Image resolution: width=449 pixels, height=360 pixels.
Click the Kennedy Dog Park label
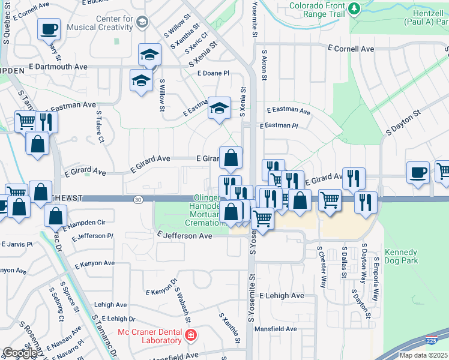(401, 256)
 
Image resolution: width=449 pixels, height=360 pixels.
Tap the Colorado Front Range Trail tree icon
(354, 8)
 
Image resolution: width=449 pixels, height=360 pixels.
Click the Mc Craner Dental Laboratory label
(149, 336)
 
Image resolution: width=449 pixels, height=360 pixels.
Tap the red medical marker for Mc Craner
(190, 335)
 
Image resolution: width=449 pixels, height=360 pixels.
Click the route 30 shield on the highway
(139, 199)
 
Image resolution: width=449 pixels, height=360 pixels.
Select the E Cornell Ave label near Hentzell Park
(351, 49)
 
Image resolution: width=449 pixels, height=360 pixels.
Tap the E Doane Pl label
(214, 73)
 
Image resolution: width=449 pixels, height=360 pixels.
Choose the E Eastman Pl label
(279, 126)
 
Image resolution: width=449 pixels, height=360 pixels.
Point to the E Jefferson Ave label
(184, 236)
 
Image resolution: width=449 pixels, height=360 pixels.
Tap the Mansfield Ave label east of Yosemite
(276, 329)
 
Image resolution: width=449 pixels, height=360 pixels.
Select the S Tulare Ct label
(100, 126)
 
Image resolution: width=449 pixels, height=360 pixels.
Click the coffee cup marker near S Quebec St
(49, 29)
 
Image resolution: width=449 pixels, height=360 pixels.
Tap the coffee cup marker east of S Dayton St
(418, 172)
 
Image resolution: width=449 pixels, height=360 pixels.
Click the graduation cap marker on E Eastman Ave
(219, 109)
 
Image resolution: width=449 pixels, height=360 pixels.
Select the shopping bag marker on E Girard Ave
(231, 158)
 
